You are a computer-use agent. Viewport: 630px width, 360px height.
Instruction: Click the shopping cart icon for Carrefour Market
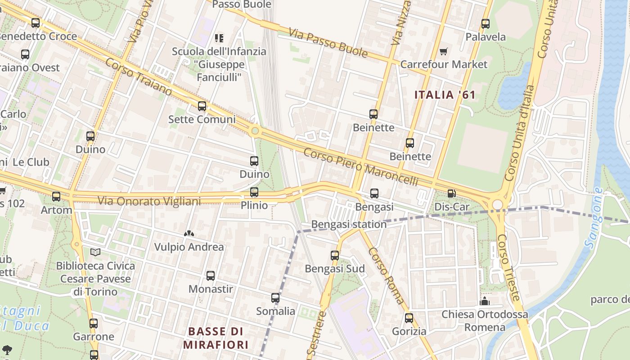tap(444, 51)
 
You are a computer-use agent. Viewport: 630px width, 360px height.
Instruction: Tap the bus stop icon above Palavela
tap(486, 24)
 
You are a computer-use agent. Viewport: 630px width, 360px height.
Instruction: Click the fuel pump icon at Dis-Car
tap(451, 193)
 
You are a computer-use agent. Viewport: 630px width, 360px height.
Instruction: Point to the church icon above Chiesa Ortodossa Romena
tap(485, 301)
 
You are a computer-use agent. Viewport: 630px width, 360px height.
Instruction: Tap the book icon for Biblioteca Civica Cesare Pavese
tap(95, 252)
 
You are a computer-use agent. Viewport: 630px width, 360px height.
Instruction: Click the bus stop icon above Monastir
tap(211, 276)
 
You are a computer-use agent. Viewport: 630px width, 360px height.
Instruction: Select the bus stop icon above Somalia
tap(275, 298)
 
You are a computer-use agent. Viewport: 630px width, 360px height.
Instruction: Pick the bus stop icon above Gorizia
tap(409, 318)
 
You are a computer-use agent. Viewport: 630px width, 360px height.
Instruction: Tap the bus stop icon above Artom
tap(56, 197)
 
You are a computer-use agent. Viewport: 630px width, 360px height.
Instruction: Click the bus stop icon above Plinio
tap(254, 192)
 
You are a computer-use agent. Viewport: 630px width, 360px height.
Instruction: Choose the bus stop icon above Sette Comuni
tap(202, 106)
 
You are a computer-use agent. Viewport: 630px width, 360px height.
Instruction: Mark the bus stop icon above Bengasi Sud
tap(335, 256)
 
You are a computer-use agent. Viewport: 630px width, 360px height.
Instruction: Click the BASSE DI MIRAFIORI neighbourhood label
tap(216, 338)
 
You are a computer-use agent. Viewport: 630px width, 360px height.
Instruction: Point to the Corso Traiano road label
tap(139, 76)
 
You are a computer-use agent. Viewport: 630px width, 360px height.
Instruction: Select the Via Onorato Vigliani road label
tap(149, 201)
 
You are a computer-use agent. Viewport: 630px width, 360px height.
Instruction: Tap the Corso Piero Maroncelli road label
tap(360, 167)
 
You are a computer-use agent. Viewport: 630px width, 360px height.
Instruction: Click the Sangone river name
tap(594, 217)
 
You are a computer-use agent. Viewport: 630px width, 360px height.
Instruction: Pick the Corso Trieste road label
tap(508, 268)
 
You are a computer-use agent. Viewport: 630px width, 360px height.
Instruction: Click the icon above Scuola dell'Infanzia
tap(219, 38)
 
